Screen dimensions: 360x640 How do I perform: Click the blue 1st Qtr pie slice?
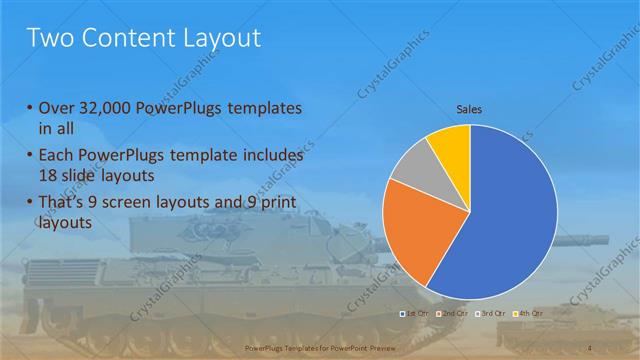click(x=510, y=220)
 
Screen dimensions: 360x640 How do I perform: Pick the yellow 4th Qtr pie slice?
click(x=452, y=146)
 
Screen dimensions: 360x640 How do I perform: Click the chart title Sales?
click(x=469, y=108)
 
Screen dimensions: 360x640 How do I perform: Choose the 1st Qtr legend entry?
click(x=413, y=314)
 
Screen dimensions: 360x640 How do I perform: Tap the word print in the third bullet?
click(x=269, y=204)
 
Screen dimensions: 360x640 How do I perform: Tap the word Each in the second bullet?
click(x=56, y=156)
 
